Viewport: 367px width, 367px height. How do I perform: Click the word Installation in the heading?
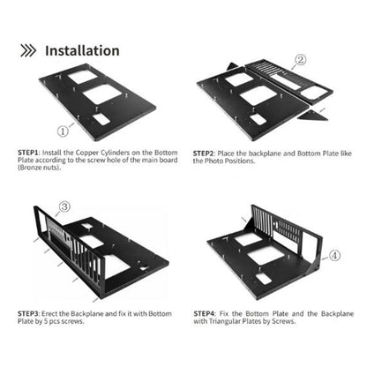[x=82, y=50]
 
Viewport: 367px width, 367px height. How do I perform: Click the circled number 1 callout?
[x=64, y=131]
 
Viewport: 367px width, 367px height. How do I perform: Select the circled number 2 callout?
[x=300, y=60]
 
